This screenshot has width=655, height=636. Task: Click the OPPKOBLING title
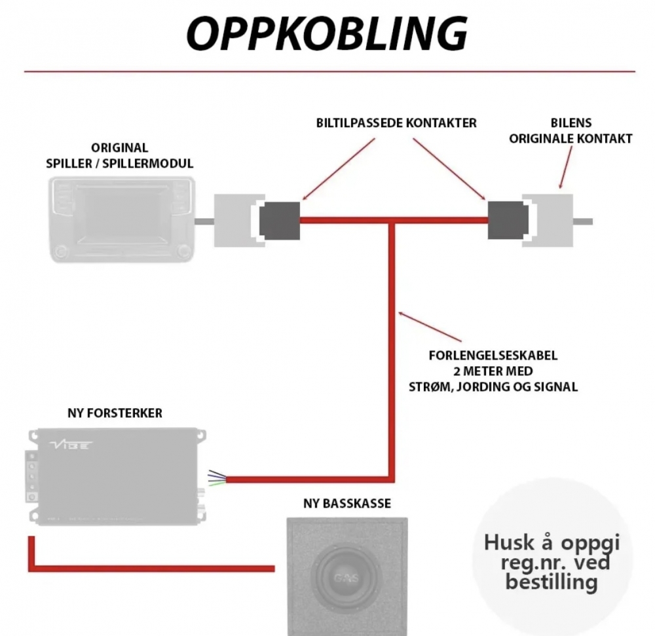pos(327,32)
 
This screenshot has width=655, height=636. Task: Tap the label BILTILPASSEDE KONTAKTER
pos(396,123)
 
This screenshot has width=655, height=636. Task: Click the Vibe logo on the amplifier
pos(71,445)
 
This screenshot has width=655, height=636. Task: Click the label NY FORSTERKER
pos(115,413)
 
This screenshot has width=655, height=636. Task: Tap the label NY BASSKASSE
pos(346,504)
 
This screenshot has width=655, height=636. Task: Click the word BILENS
pos(571,123)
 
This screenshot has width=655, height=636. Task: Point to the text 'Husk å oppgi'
pos(551,542)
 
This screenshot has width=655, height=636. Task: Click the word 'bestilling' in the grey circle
pos(551,582)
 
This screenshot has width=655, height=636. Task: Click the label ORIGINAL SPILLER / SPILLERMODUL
pos(120,155)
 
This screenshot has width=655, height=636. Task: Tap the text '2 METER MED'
pos(503,371)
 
